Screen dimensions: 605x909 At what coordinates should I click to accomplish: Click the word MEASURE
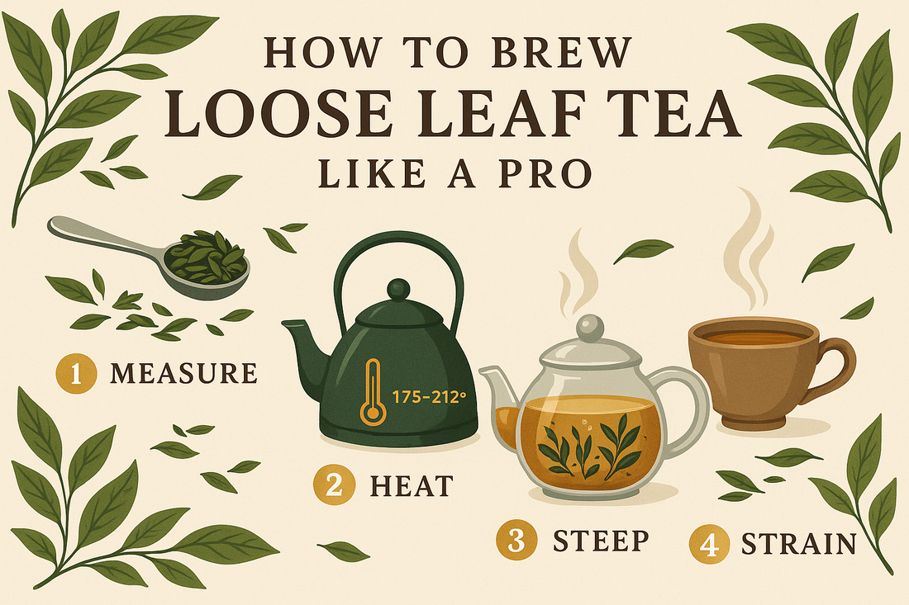(x=183, y=373)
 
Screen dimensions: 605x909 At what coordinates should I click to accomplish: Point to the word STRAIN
(x=797, y=544)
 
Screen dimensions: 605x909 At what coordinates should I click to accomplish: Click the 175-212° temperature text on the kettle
(x=430, y=396)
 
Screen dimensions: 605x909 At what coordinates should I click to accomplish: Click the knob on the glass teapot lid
(x=588, y=326)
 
